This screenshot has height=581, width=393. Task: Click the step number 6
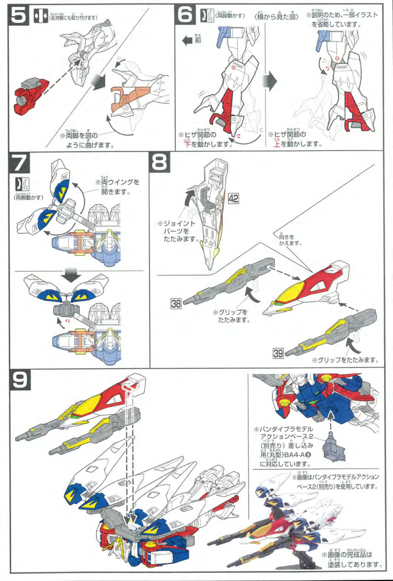click(185, 15)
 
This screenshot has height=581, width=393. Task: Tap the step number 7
click(19, 163)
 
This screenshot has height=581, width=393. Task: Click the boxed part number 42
click(233, 199)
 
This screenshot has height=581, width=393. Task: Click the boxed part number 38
click(176, 303)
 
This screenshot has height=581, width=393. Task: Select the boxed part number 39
click(278, 353)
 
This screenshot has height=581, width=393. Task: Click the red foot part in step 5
click(31, 95)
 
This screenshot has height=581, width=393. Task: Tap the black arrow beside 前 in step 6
click(188, 40)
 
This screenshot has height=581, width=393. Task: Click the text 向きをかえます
click(290, 240)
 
